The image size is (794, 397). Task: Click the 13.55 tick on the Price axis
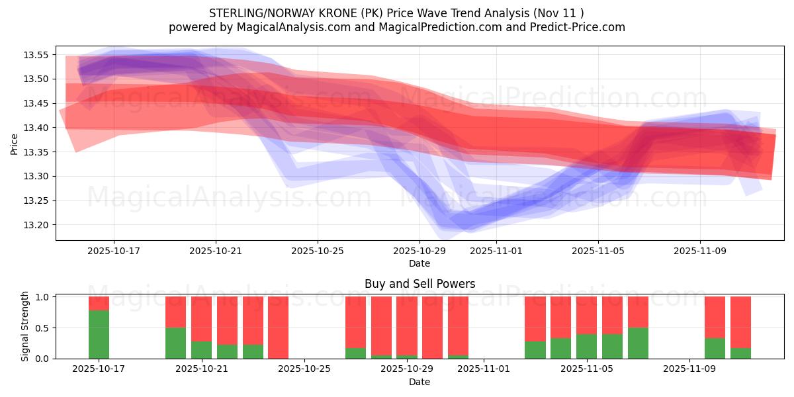pyautogui.click(x=37, y=55)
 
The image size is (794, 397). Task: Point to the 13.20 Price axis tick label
pyautogui.click(x=37, y=225)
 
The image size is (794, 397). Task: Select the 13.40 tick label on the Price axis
pyautogui.click(x=37, y=128)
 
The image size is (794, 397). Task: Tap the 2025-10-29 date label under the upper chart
pyautogui.click(x=419, y=251)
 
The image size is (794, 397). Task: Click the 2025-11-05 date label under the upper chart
pyautogui.click(x=598, y=251)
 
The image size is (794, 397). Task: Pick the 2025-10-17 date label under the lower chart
pyautogui.click(x=99, y=369)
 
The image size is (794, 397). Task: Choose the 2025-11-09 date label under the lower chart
pyautogui.click(x=689, y=369)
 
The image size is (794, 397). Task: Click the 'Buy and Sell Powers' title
pyautogui.click(x=419, y=284)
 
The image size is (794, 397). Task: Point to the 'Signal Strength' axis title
pyautogui.click(x=25, y=326)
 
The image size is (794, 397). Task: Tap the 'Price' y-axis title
pyautogui.click(x=15, y=144)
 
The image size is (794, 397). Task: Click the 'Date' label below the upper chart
pyautogui.click(x=419, y=263)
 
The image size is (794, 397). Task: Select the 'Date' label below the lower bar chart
pyautogui.click(x=419, y=382)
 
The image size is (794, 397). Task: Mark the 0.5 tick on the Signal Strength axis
pyautogui.click(x=41, y=328)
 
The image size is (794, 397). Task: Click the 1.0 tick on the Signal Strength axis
pyautogui.click(x=41, y=297)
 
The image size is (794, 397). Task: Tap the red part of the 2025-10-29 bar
pyautogui.click(x=407, y=324)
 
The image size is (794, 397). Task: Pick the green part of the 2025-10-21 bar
pyautogui.click(x=201, y=350)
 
